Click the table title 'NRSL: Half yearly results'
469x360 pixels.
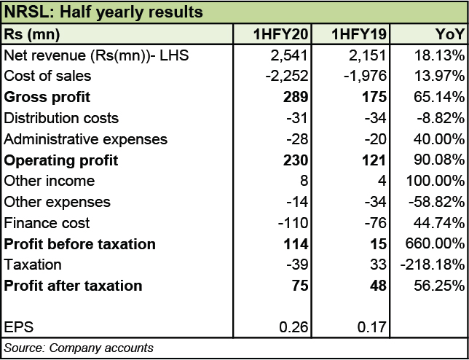[103, 12]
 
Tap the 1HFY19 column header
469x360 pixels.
[360, 34]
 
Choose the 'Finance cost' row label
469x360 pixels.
[47, 223]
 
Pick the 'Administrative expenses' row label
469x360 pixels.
[86, 139]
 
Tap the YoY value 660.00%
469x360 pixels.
[438, 244]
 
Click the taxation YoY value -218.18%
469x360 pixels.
[434, 265]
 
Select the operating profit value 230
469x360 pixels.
[301, 160]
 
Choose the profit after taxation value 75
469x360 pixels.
[304, 286]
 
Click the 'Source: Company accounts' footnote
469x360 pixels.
[79, 348]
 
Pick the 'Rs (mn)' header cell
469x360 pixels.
[32, 34]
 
